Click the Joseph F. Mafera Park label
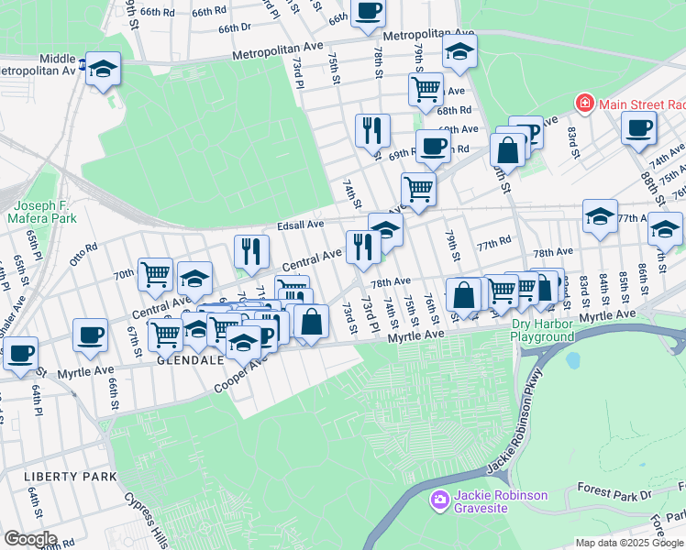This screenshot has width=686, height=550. [x=41, y=212]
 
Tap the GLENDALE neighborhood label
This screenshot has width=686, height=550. [x=192, y=360]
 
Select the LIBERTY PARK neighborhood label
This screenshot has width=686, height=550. [x=71, y=477]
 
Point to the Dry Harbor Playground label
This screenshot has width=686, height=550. [x=556, y=330]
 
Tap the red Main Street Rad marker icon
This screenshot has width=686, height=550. [x=583, y=104]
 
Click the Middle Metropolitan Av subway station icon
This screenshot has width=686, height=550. [x=83, y=65]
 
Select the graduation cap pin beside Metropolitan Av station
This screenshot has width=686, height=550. [x=104, y=69]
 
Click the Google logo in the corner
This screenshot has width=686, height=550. [x=29, y=539]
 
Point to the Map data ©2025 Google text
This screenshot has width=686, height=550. [x=629, y=543]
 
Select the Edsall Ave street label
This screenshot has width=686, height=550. [x=301, y=225]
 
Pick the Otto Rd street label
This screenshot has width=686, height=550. [x=83, y=253]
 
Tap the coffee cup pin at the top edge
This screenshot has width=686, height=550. [x=368, y=11]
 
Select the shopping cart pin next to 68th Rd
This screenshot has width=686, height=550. [x=426, y=89]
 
